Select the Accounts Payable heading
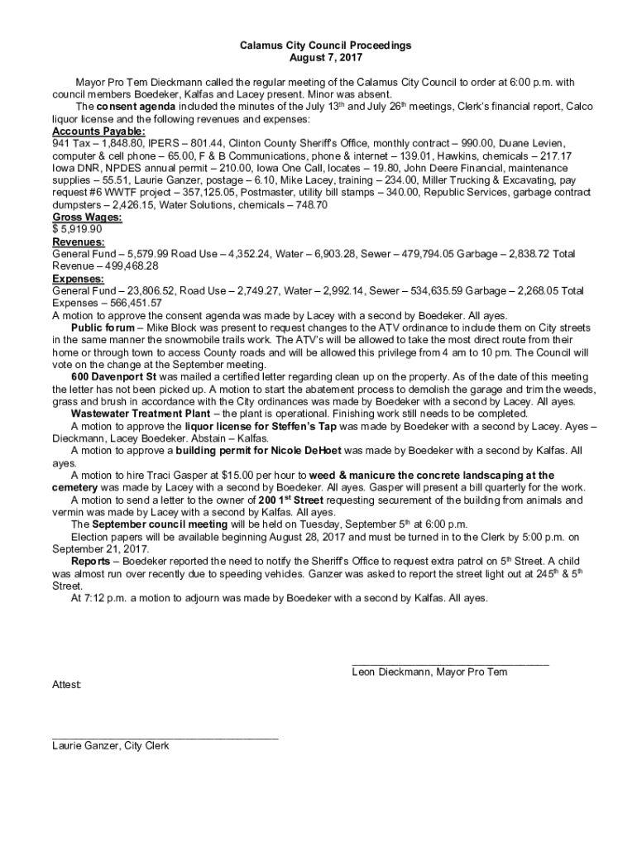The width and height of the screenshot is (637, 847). pyautogui.click(x=98, y=132)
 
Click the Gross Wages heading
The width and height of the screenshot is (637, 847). pyautogui.click(x=87, y=217)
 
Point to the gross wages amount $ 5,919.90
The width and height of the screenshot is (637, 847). pyautogui.click(x=77, y=229)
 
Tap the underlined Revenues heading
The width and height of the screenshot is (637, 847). pyautogui.click(x=79, y=242)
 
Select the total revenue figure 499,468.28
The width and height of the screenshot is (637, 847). pyautogui.click(x=132, y=266)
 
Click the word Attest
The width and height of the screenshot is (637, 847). pyautogui.click(x=67, y=685)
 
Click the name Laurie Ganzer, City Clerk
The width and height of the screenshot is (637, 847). pyautogui.click(x=110, y=746)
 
